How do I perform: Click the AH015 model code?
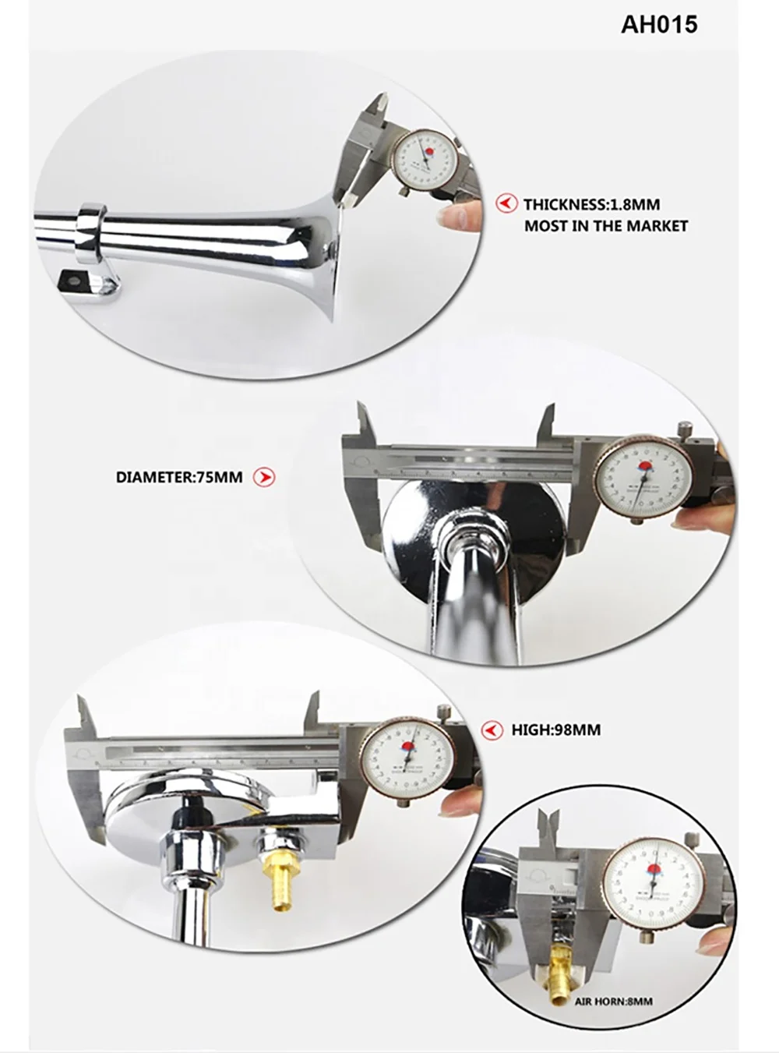point(659,24)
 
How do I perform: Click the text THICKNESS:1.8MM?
point(591,205)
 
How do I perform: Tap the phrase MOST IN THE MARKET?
point(606,226)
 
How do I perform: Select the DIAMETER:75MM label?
point(179,477)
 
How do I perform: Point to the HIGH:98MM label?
point(556,730)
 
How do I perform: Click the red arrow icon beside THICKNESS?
point(507,203)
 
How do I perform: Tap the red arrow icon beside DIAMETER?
point(266,476)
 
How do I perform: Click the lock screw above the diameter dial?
point(684,428)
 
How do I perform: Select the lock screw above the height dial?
point(444,712)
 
